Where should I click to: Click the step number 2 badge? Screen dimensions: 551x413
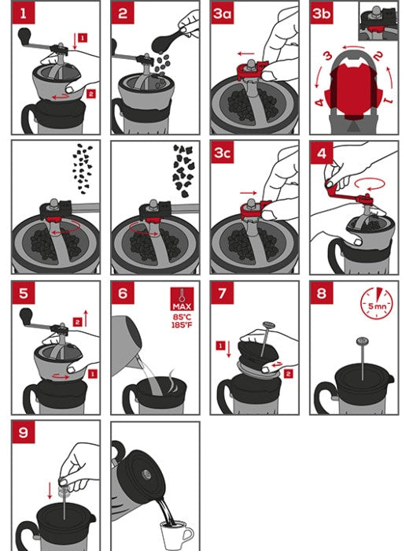point(123,13)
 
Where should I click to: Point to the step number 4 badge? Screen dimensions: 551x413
point(322,153)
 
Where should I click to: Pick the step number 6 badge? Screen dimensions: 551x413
point(123,294)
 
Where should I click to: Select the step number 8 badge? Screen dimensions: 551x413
point(322,294)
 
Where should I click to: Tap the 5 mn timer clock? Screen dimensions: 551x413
point(377,302)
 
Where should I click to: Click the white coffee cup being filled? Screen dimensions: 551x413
point(176,536)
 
